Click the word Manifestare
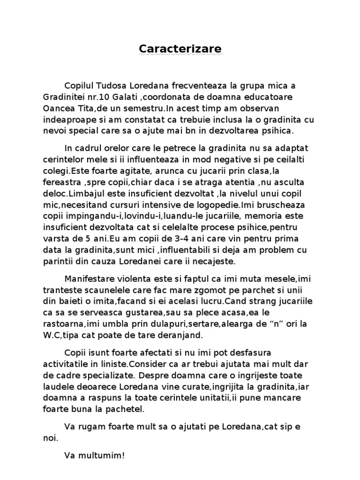89,279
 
